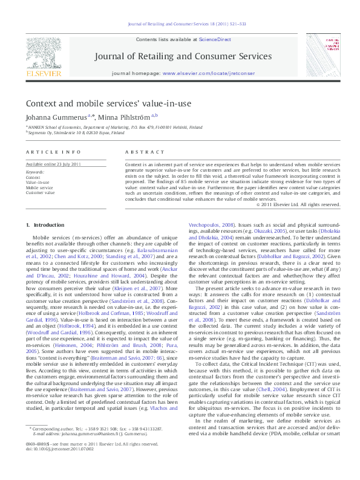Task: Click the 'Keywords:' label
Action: (x=35, y=172)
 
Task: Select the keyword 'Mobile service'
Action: (x=39, y=187)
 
